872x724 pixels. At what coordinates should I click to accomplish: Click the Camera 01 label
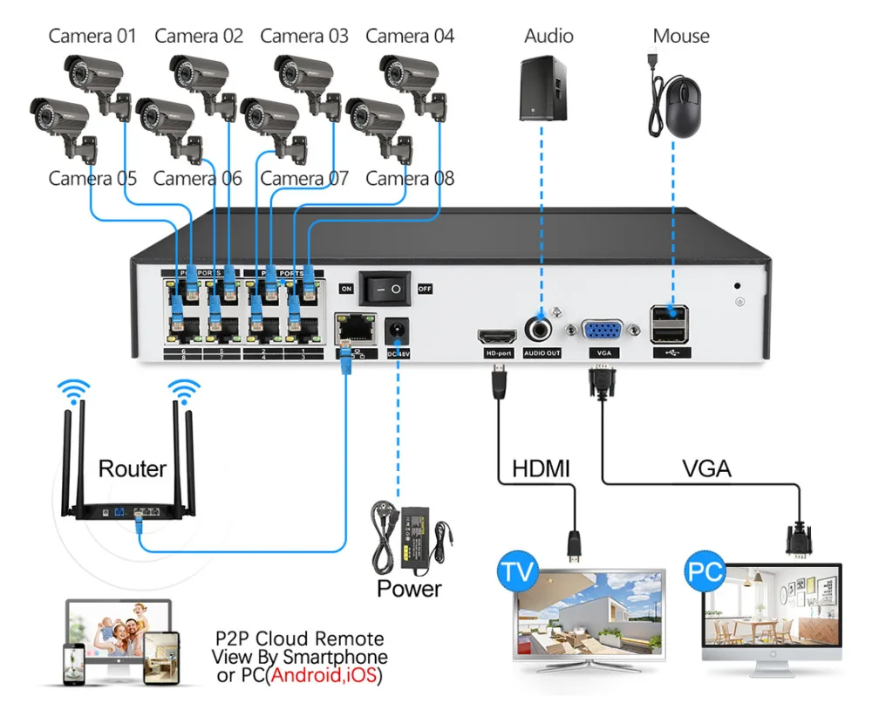(x=92, y=36)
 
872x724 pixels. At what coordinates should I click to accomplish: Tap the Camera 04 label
(x=410, y=36)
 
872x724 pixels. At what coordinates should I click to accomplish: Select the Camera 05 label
(x=92, y=179)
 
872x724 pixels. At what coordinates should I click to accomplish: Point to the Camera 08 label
(x=410, y=179)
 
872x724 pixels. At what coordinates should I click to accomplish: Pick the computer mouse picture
(x=678, y=102)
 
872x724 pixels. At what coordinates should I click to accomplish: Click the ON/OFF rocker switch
(x=385, y=287)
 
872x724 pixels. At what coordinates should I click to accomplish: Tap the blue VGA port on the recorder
(x=602, y=331)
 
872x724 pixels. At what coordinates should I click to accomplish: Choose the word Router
(x=132, y=468)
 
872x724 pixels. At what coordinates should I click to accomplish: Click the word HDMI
(x=541, y=468)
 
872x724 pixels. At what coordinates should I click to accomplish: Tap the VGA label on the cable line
(x=706, y=468)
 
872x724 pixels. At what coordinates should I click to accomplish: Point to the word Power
(x=409, y=588)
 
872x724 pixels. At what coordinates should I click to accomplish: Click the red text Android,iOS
(x=325, y=675)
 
